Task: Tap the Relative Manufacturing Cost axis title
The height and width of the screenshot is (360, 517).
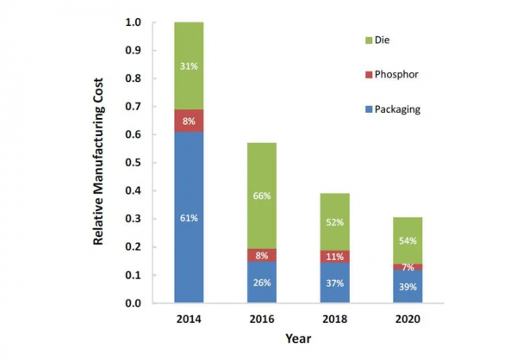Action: click(101, 163)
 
